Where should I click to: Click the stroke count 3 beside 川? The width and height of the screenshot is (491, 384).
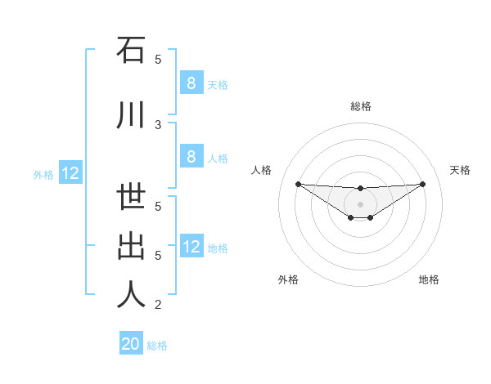point(158,124)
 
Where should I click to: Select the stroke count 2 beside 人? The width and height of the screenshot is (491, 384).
point(158,305)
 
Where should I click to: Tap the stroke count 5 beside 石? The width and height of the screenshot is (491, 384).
point(158,59)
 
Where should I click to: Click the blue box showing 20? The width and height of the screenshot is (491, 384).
point(131,344)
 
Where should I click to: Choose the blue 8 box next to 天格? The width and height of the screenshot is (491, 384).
point(191,83)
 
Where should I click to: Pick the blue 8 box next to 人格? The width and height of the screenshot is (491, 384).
point(191,157)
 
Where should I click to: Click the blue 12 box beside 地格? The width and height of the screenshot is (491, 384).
point(191,247)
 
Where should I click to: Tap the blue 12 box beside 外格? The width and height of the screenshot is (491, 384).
point(70,173)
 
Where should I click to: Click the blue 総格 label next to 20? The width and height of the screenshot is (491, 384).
point(157,346)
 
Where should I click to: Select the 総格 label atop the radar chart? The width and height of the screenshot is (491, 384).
point(360,106)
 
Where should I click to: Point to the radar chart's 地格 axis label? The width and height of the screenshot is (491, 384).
point(429,279)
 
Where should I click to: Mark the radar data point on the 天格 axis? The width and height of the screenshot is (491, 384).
point(422,184)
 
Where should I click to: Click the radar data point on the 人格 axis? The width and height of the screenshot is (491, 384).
point(298,184)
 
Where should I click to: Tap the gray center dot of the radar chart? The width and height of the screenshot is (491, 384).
point(360,203)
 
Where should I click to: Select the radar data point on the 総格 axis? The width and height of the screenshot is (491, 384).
point(360,189)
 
